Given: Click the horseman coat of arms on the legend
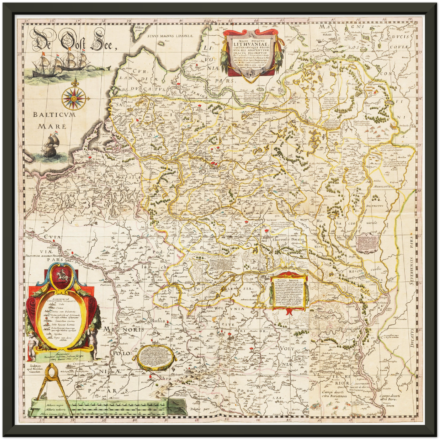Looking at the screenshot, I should click(62, 276).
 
